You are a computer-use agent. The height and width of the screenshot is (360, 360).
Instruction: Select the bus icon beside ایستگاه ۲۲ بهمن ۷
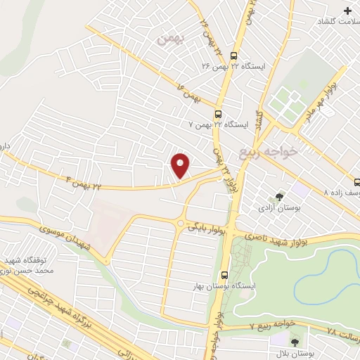click(x=218, y=114)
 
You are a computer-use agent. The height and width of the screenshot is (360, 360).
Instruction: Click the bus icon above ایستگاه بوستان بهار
click(x=224, y=275)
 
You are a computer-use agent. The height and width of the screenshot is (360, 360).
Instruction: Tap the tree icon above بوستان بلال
click(x=295, y=342)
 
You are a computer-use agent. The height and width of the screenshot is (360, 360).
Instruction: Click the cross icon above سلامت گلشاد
click(x=348, y=11)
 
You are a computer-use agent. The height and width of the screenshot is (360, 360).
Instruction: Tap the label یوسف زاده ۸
click(x=340, y=191)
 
